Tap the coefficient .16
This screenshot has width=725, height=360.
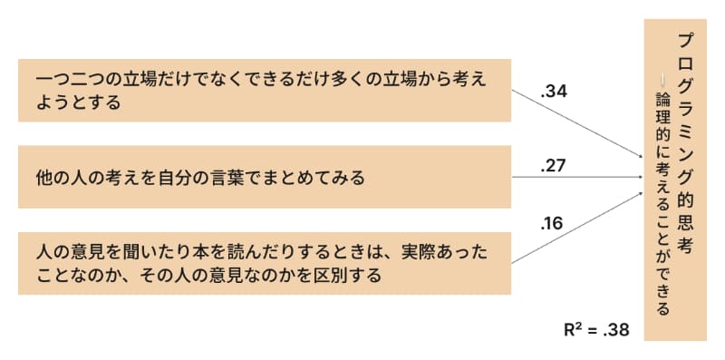click(x=552, y=222)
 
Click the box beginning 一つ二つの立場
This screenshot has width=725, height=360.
click(x=264, y=91)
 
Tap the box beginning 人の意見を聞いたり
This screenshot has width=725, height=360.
click(x=264, y=262)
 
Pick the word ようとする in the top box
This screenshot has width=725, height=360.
click(x=79, y=102)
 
